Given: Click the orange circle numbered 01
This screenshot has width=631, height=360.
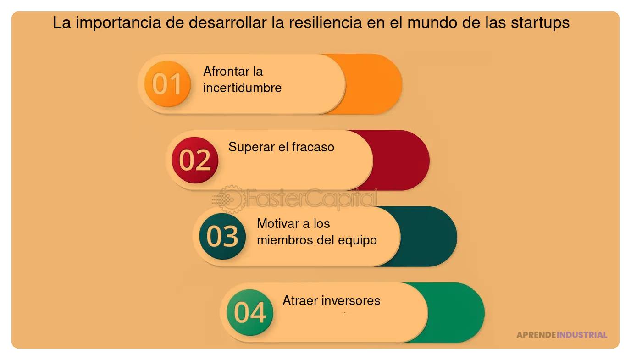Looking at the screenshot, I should pos(167,84).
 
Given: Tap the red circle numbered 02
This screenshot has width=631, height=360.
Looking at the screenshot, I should pos(194,160).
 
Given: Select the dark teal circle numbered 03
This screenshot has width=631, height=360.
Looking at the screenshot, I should pos(222,236).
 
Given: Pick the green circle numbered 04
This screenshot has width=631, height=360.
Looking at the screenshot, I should pos(250,312).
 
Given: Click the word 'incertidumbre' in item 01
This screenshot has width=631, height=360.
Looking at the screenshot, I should pos(242,88).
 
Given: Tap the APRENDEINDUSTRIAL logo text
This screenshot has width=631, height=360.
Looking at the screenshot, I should pos(562,335).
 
